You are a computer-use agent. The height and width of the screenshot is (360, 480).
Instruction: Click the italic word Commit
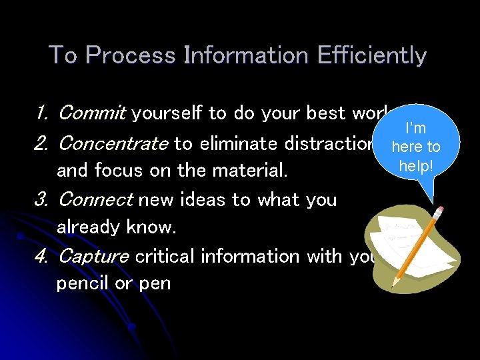[x=91, y=113]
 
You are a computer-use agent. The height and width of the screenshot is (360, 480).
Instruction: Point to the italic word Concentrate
[x=113, y=143]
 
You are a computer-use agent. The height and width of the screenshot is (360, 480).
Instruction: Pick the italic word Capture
[x=93, y=256]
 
